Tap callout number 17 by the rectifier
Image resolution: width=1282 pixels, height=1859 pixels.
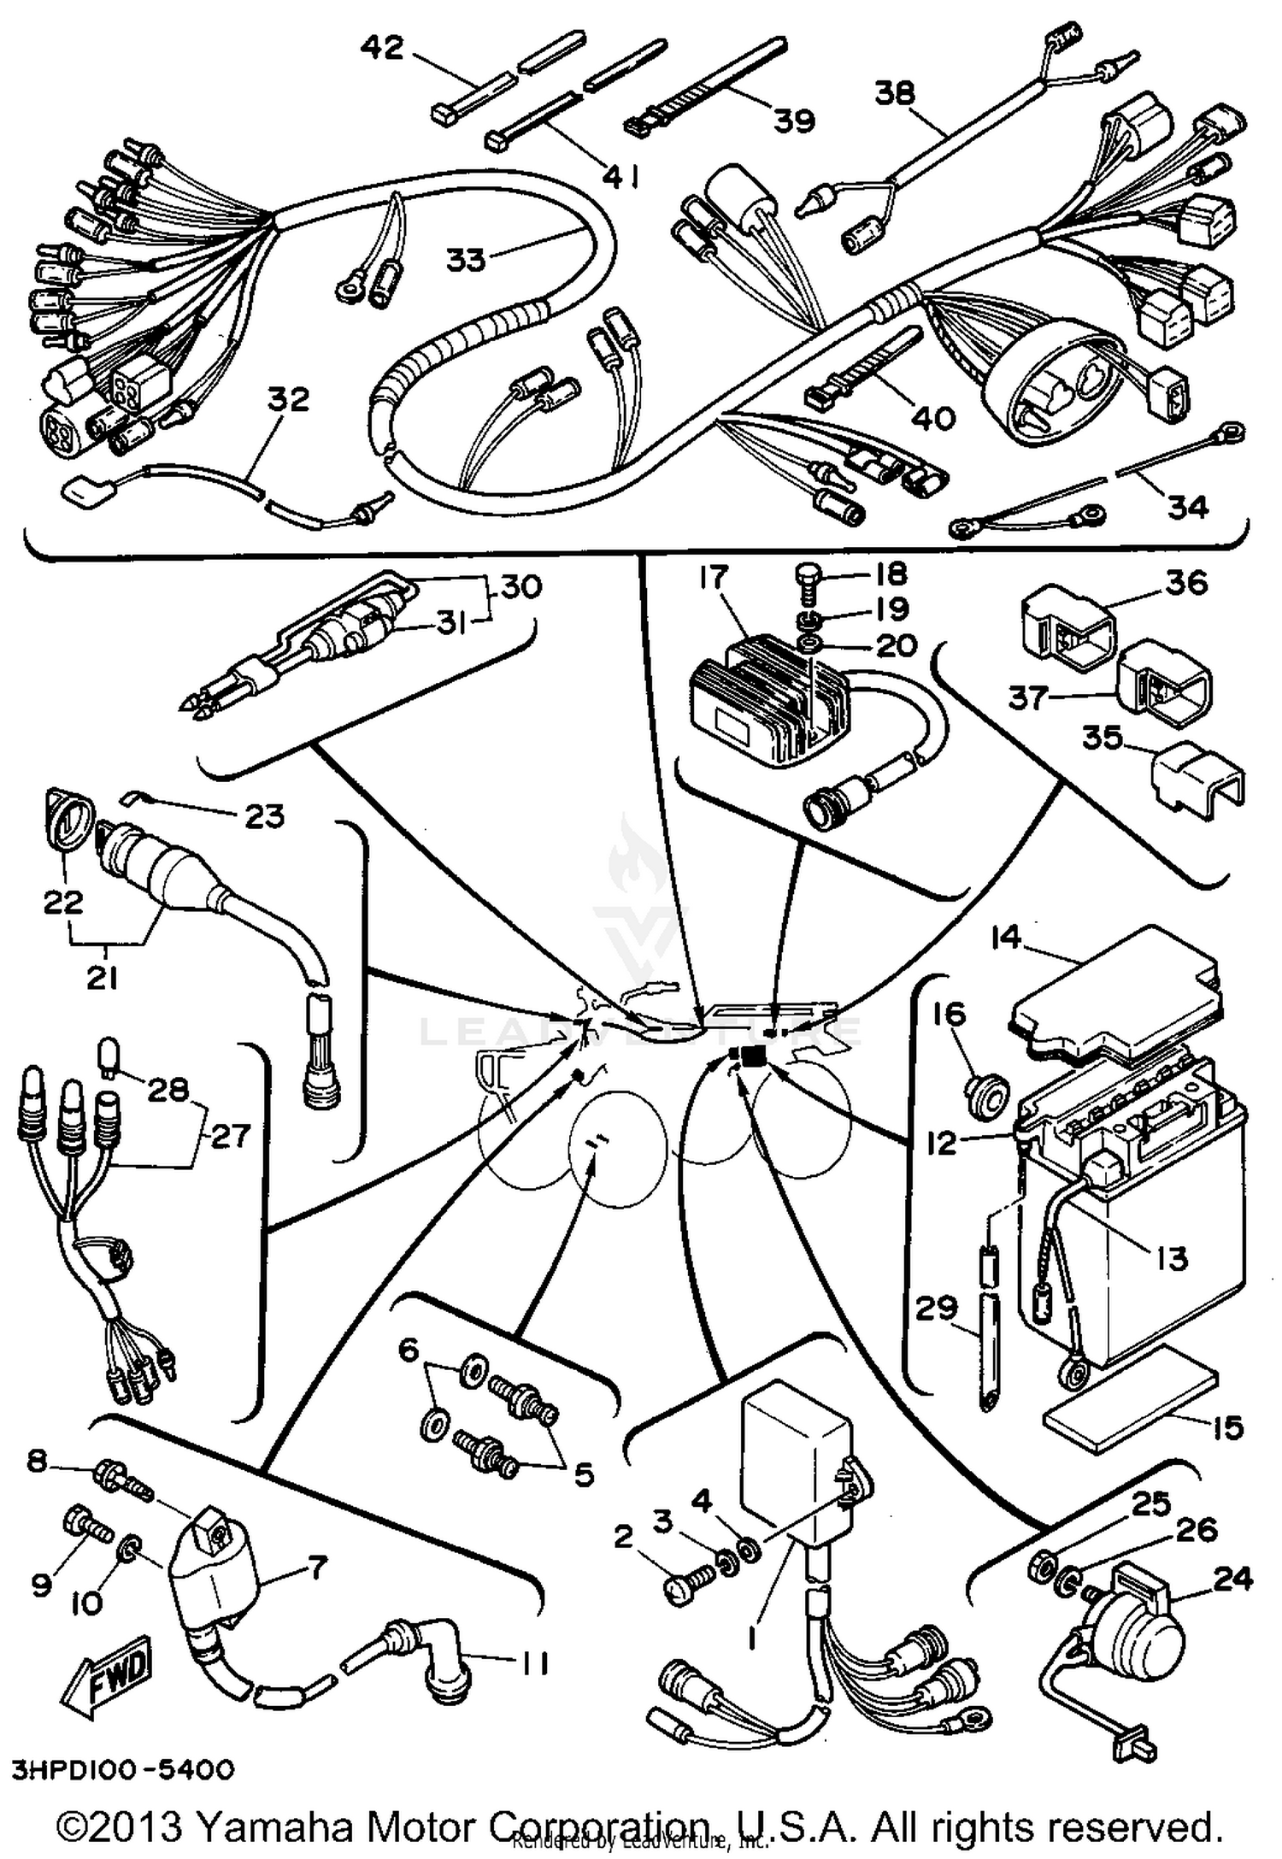point(712,578)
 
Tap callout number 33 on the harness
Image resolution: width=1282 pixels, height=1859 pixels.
point(466,259)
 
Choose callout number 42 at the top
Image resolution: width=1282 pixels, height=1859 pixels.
point(381,48)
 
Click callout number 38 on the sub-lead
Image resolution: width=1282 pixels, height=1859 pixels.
point(895,92)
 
